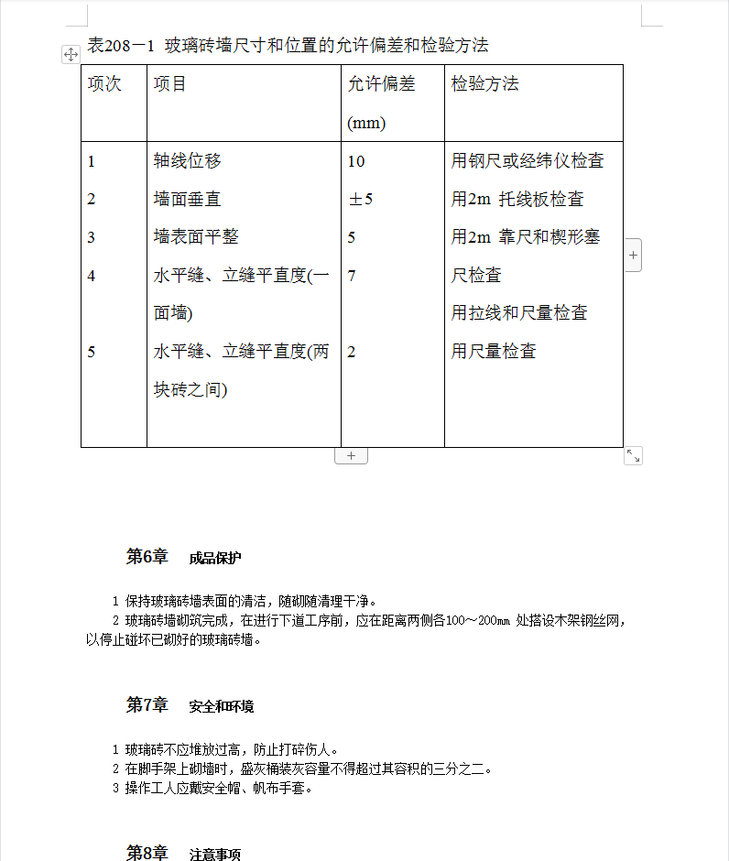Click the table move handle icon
pyautogui.click(x=71, y=55)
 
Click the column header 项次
pyautogui.click(x=104, y=84)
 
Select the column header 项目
pyautogui.click(x=170, y=84)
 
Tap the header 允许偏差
pyautogui.click(x=381, y=84)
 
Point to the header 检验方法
pyautogui.click(x=484, y=84)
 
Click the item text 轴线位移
pyautogui.click(x=188, y=161)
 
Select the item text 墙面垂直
pyautogui.click(x=188, y=199)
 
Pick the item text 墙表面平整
pyautogui.click(x=196, y=237)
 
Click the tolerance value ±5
pyautogui.click(x=360, y=199)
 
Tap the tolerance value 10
pyautogui.click(x=356, y=161)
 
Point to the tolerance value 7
pyautogui.click(x=352, y=275)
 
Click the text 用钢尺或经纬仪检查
pyautogui.click(x=528, y=161)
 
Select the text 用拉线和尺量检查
pyautogui.click(x=519, y=313)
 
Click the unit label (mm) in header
pyautogui.click(x=366, y=123)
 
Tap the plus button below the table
pyautogui.click(x=351, y=455)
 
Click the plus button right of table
pyautogui.click(x=634, y=255)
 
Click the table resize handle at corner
pyautogui.click(x=633, y=455)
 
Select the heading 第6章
pyautogui.click(x=147, y=557)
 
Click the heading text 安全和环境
pyautogui.click(x=222, y=706)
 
